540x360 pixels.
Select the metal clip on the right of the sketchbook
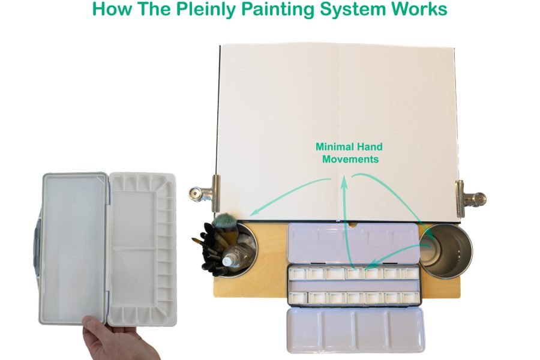click(x=469, y=197)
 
